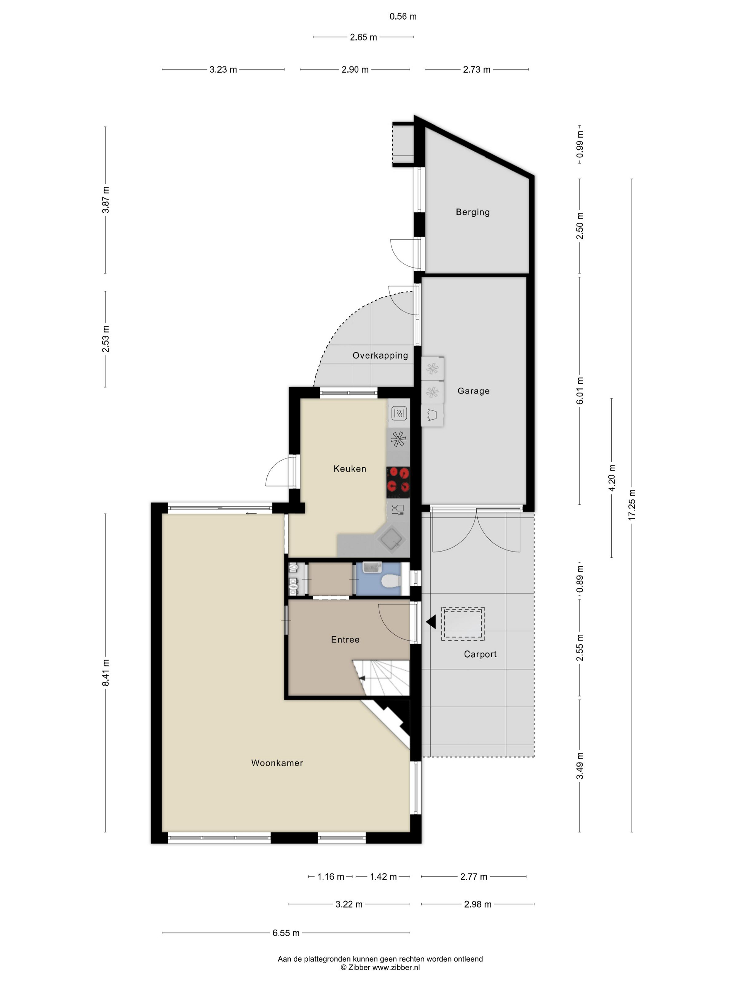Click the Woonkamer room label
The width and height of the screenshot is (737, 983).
point(277,763)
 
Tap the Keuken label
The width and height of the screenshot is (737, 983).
point(350,468)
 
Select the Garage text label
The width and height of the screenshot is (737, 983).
point(473,391)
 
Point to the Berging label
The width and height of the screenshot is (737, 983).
point(473,212)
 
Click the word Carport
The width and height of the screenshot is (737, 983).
point(480,654)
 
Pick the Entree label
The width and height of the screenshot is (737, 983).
point(345,640)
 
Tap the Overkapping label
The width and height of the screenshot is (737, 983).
point(380,356)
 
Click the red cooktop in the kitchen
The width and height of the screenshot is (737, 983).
point(398,482)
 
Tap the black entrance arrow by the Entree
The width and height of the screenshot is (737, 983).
point(431,622)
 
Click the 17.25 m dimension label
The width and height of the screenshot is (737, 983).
point(632,505)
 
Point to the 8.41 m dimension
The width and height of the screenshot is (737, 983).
point(106,672)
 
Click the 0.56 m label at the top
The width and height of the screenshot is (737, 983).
point(403,17)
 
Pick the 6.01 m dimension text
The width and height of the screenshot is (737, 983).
point(580,391)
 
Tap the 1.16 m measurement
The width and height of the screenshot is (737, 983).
point(331,877)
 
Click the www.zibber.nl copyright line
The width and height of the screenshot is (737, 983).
point(380,967)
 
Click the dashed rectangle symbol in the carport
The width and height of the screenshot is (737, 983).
point(463,624)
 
